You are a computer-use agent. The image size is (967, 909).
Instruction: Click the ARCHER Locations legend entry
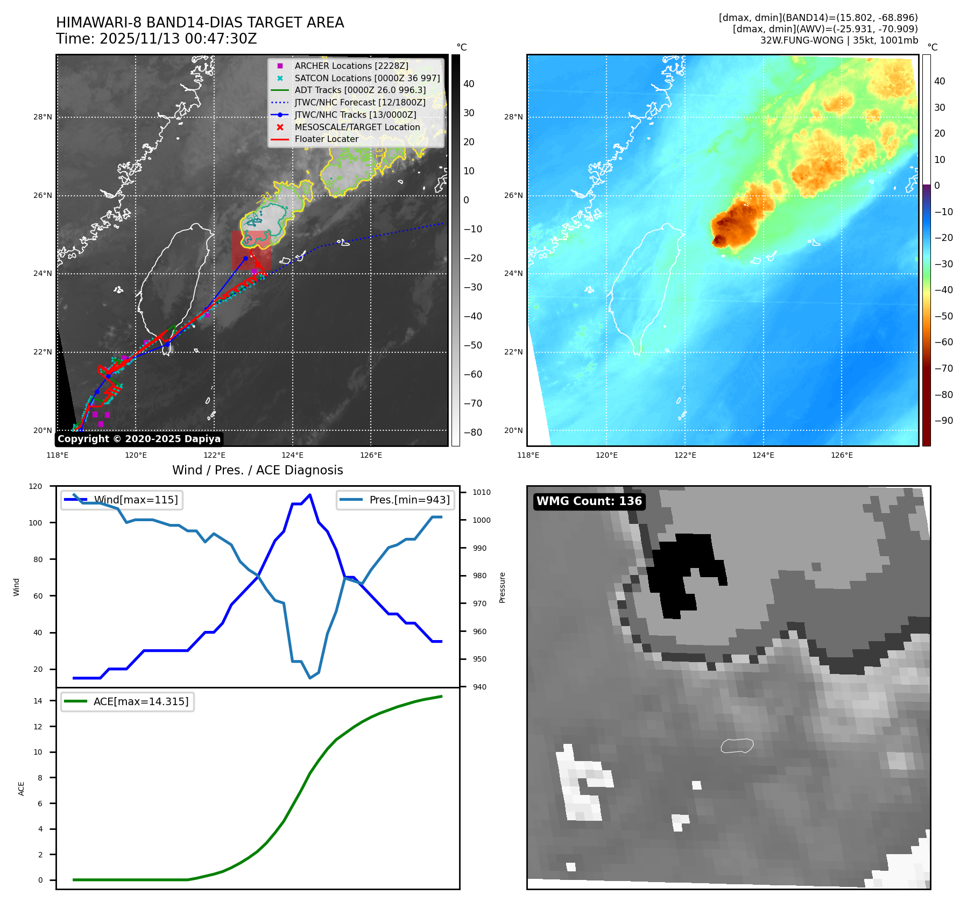click(351, 66)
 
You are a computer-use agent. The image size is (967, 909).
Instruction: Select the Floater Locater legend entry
click(326, 139)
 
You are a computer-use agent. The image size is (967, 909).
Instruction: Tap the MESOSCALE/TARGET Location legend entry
click(357, 127)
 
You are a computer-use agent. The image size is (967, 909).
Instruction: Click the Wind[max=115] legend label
click(136, 500)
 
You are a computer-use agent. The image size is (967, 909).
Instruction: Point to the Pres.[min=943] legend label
click(409, 500)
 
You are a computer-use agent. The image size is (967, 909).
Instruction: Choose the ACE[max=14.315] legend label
click(141, 701)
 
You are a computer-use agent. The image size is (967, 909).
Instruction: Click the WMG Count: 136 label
click(589, 501)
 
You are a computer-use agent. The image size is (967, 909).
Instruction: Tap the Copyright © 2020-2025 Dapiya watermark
click(139, 439)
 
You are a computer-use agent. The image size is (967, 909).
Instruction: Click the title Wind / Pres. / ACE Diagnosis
click(257, 470)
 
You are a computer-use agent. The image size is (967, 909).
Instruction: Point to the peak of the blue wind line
click(309, 495)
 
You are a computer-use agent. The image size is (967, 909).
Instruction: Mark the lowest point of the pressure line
click(310, 678)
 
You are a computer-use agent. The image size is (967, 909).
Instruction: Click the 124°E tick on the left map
click(292, 455)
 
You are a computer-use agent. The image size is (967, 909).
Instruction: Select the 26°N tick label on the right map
click(513, 195)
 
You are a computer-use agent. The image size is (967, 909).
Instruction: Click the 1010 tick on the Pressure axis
click(481, 492)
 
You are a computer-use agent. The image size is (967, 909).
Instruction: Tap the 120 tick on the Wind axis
click(36, 486)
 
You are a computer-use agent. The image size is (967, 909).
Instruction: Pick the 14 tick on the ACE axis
click(38, 701)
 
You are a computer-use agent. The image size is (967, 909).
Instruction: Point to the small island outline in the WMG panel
click(737, 745)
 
